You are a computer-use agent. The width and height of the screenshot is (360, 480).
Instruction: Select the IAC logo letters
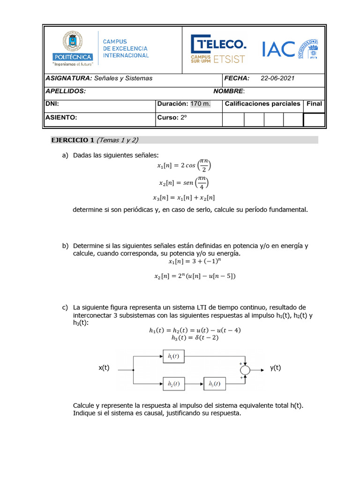tap(278, 49)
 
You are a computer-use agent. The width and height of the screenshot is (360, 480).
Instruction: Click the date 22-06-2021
tap(277, 78)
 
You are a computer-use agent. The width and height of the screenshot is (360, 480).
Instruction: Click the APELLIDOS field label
tap(65, 91)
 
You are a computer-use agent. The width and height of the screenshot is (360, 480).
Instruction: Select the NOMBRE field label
tap(229, 91)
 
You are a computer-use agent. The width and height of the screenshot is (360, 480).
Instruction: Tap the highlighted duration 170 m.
tap(200, 104)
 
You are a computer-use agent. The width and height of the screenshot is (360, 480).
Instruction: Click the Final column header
tap(314, 104)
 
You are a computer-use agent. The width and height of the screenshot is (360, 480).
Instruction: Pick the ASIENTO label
tap(61, 118)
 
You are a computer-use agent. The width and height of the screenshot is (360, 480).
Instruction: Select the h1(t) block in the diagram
tap(173, 356)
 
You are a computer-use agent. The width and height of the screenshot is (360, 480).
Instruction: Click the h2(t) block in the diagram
tap(173, 384)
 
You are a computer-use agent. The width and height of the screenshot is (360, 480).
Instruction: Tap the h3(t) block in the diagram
tap(214, 384)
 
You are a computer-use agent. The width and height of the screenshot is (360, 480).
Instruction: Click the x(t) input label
tap(104, 368)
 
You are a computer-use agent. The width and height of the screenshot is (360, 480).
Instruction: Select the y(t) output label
tap(276, 368)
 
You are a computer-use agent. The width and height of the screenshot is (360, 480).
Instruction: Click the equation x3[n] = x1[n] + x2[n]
tap(186, 198)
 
